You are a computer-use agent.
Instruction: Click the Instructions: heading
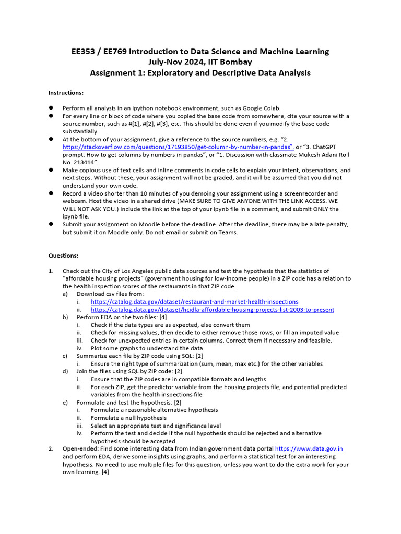66,93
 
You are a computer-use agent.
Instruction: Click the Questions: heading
64,256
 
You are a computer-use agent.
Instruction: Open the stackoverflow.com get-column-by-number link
178,148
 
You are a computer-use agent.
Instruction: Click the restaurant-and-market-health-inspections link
194,302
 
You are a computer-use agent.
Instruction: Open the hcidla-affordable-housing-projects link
212,310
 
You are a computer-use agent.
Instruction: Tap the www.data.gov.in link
309,448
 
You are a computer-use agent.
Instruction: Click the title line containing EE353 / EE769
200,51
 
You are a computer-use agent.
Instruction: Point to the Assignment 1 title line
200,72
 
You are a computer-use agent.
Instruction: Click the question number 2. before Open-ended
51,448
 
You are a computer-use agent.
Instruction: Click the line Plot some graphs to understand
146,348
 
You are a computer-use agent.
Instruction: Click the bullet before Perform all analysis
51,107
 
